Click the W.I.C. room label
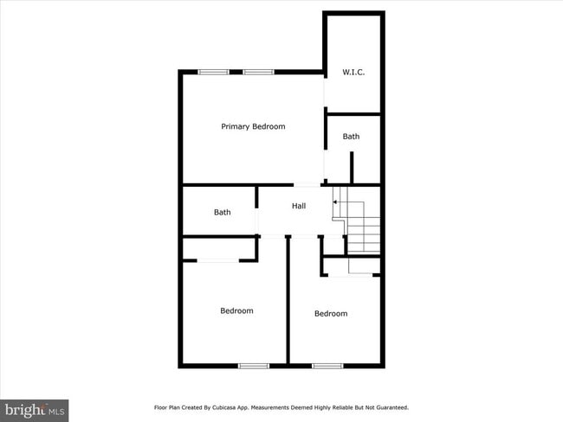353,72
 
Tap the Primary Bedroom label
253,126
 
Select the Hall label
299,206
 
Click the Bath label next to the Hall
223,212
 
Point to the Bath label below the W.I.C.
351,137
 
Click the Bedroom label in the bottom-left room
236,310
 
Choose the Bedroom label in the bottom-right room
331,313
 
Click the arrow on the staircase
338,201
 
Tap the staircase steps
364,232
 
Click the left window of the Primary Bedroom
213,72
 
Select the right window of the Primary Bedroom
258,72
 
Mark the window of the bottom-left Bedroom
254,366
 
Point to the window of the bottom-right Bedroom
327,366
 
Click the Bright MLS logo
35,409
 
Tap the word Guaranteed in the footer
390,407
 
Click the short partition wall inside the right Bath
352,167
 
